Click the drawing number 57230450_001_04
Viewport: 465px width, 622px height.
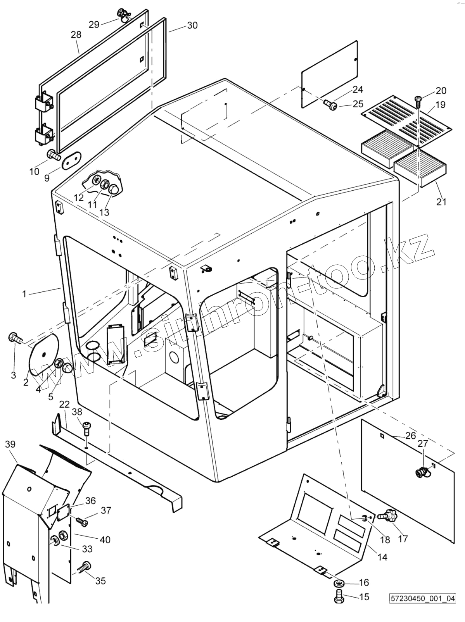point(423,609)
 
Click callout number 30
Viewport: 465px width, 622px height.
point(192,26)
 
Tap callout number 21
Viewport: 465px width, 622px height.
point(441,202)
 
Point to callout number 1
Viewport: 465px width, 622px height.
point(24,294)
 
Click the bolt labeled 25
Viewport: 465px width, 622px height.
point(329,104)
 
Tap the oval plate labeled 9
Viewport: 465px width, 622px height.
point(70,160)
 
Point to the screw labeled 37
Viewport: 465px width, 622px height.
point(82,522)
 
